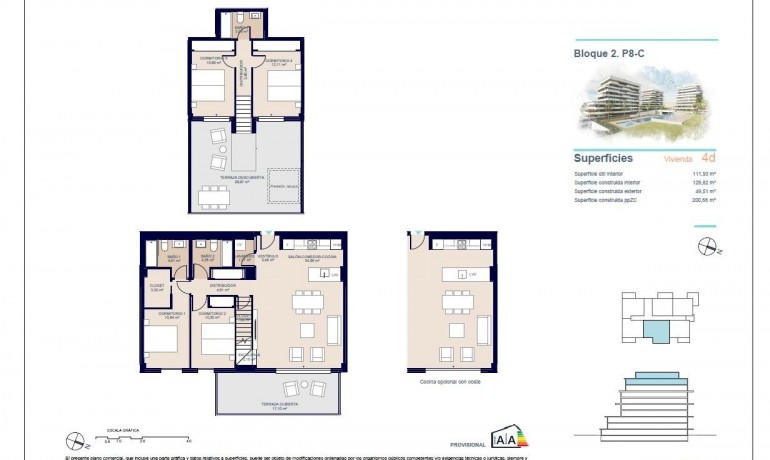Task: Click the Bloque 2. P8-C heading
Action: tap(609, 54)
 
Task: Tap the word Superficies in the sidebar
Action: tap(603, 158)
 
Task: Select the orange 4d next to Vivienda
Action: tap(708, 158)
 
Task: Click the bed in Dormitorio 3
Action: tap(209, 92)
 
